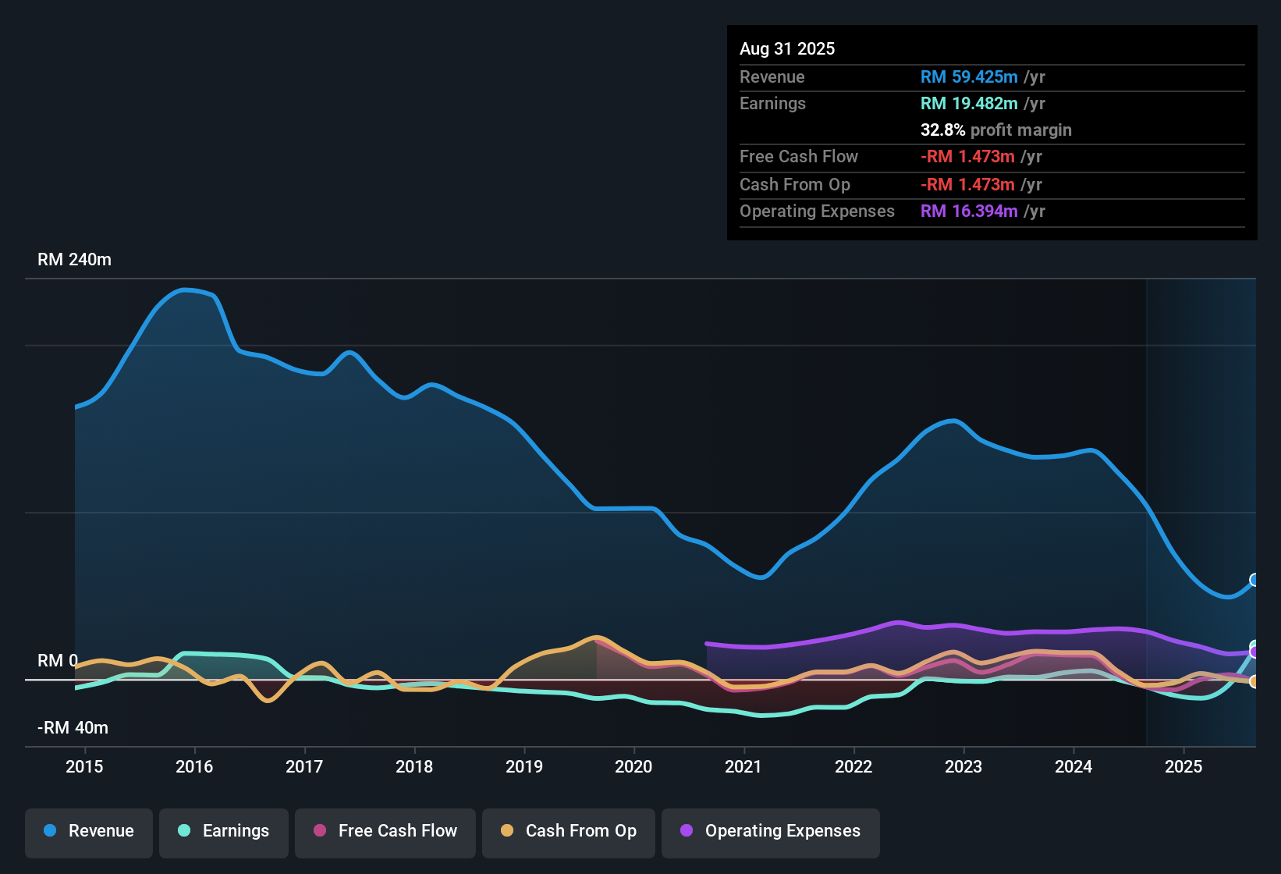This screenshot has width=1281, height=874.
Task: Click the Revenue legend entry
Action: point(89,831)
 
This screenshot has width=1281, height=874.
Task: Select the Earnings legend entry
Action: point(224,831)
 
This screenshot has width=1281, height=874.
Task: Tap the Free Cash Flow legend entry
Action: point(385,831)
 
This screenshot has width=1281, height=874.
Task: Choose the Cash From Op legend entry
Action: point(569,831)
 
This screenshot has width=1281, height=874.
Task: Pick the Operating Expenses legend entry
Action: point(771,831)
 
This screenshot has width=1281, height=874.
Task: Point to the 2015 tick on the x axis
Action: point(84,767)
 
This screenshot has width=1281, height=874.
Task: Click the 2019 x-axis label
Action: point(524,767)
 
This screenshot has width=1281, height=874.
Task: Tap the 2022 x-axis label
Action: point(853,767)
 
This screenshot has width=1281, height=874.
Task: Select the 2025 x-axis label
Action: point(1183,767)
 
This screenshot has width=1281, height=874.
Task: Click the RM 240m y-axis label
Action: point(74,260)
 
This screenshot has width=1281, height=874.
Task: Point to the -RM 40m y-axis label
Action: point(73,728)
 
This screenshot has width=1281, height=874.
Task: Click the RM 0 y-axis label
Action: point(58,661)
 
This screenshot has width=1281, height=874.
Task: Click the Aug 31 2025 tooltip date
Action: point(787,49)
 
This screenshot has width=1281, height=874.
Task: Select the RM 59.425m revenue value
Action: point(969,77)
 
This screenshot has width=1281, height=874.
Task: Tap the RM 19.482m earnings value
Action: point(969,104)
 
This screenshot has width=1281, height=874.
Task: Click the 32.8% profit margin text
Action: point(996,130)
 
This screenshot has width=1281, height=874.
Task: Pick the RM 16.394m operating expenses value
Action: point(969,211)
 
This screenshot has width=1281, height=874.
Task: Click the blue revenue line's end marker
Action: point(1254,580)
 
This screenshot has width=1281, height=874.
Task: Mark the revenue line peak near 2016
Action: point(186,290)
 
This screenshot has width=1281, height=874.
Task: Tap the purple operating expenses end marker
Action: point(1254,652)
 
